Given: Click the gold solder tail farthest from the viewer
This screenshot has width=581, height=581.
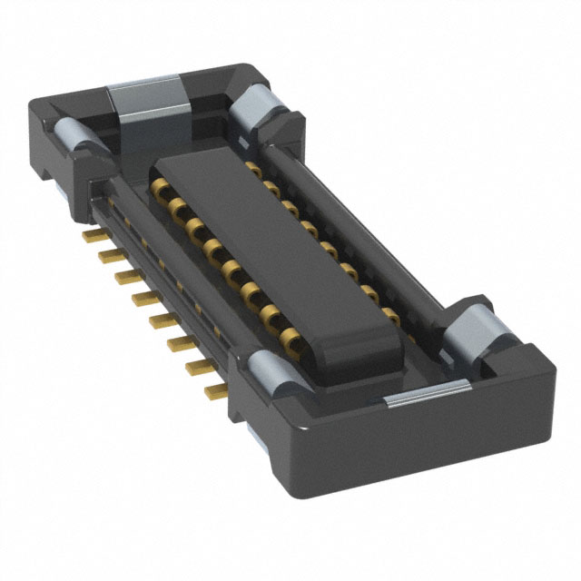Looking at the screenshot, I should (92, 235).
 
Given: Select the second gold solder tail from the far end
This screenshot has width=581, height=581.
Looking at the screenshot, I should (107, 253).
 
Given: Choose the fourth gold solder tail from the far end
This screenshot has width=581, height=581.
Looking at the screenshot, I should (141, 296).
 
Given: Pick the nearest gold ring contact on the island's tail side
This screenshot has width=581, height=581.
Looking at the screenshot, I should (291, 340).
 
